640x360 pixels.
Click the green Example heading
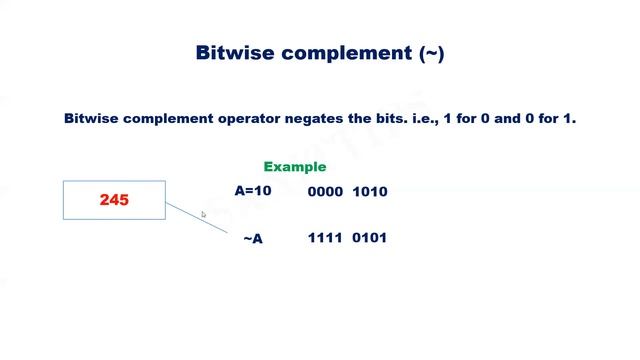295,167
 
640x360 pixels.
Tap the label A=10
253,190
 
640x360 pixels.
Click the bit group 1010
370,192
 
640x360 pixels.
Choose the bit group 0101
370,238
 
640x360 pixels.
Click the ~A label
253,239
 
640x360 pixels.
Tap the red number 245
114,200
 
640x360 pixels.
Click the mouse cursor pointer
203,214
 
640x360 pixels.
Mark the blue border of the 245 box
64,200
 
